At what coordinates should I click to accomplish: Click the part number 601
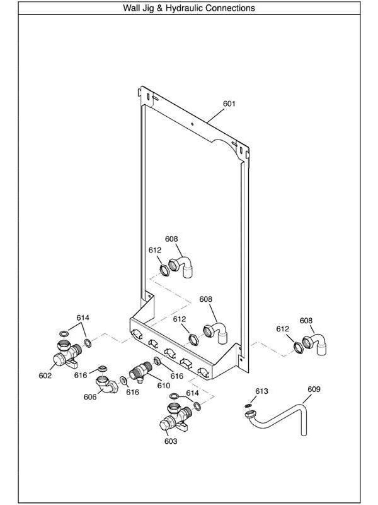(229, 103)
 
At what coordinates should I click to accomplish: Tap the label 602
(45, 376)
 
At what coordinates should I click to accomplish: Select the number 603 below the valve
(171, 441)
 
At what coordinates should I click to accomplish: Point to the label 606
(90, 396)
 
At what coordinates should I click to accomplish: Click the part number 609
(313, 389)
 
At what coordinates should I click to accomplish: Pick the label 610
(164, 385)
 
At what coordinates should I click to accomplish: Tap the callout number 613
(261, 391)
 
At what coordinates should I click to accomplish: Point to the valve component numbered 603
(174, 419)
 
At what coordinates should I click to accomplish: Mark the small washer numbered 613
(249, 405)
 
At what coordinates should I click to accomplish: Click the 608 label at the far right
(306, 321)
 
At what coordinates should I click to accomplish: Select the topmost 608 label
(171, 239)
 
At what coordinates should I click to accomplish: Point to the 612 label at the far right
(282, 329)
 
